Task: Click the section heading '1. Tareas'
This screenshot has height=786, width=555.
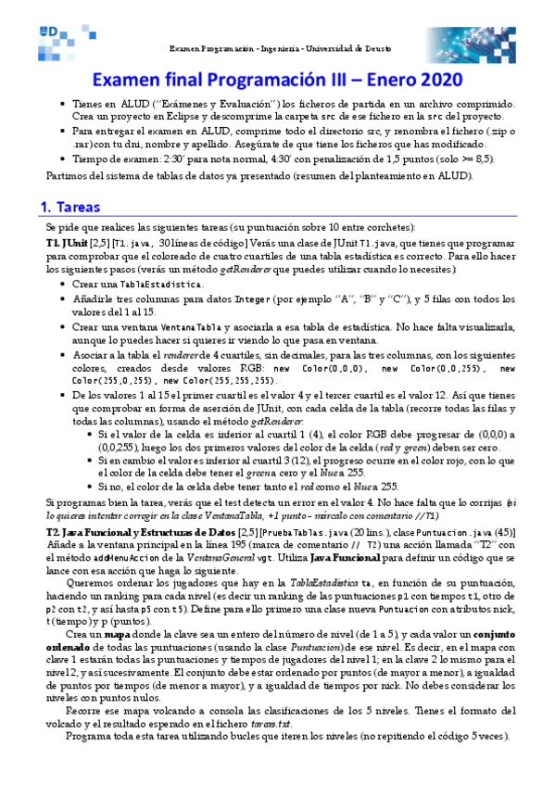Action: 72,208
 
